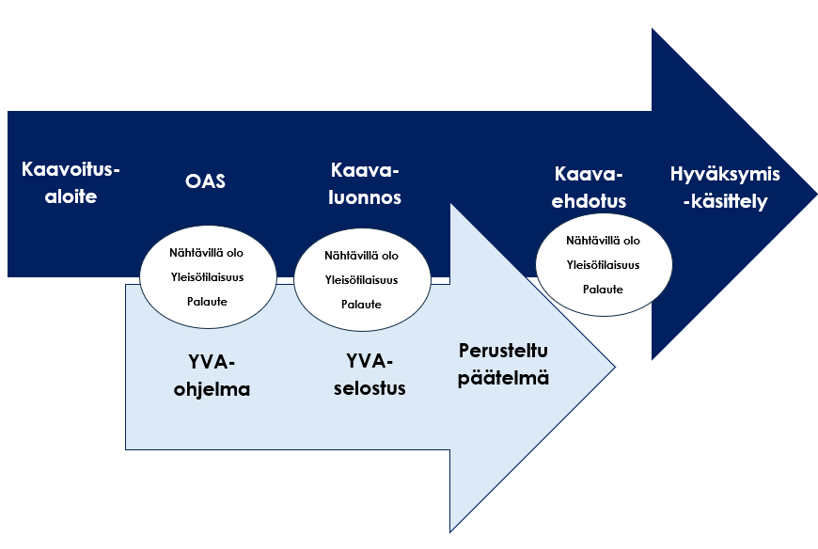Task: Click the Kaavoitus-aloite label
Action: (x=72, y=183)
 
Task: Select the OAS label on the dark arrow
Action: (x=205, y=181)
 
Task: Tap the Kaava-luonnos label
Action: (x=365, y=183)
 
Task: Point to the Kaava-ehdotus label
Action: (x=590, y=187)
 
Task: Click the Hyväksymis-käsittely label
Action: (x=731, y=187)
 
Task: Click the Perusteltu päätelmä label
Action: (x=504, y=365)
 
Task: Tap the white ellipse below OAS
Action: (x=207, y=277)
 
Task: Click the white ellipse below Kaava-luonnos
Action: (x=362, y=279)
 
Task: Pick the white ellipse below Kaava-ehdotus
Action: (x=603, y=264)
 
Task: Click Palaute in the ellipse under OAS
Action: (x=207, y=302)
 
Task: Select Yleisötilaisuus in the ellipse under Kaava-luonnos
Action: (x=362, y=279)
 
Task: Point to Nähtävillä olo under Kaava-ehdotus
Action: (x=603, y=241)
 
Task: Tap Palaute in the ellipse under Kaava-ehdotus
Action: (x=603, y=289)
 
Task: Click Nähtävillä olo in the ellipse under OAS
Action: (x=207, y=253)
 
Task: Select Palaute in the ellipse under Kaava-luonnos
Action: (x=362, y=304)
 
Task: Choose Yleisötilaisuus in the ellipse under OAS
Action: (x=207, y=277)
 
